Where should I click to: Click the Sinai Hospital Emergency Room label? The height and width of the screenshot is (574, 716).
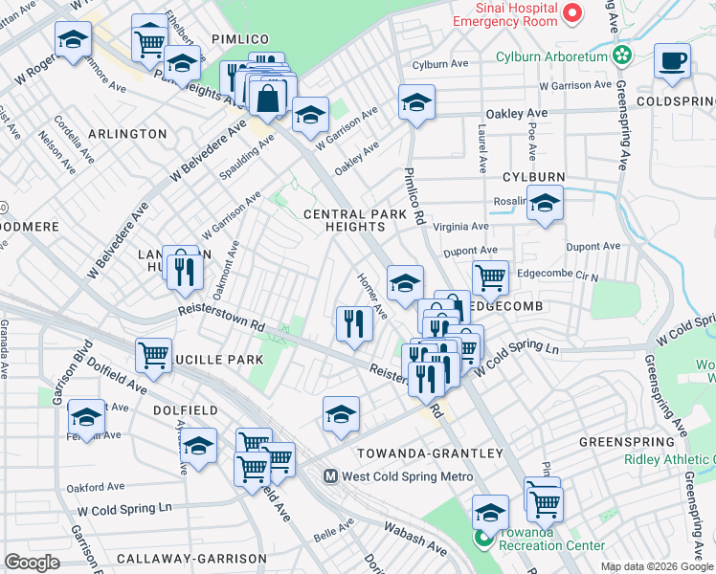point(503,14)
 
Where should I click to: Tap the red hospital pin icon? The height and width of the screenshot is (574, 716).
point(572,12)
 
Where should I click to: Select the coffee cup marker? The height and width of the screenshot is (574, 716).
point(672,60)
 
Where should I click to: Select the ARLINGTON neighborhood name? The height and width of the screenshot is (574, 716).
point(129,134)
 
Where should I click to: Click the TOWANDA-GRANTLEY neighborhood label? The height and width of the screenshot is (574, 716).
point(430,453)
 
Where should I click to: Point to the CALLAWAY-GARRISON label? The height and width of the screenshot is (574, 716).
point(200,558)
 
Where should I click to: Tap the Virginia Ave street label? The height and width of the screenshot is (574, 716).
point(461,227)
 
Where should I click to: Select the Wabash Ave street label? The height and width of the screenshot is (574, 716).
point(415,540)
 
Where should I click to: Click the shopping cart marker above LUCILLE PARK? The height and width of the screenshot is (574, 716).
point(153,355)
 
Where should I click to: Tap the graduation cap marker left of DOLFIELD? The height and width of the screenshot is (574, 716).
point(86,416)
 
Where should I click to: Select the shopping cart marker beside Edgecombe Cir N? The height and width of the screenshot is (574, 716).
point(490,276)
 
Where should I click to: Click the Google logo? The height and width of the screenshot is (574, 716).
point(32,563)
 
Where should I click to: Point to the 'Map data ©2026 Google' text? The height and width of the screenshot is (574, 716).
point(657,566)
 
